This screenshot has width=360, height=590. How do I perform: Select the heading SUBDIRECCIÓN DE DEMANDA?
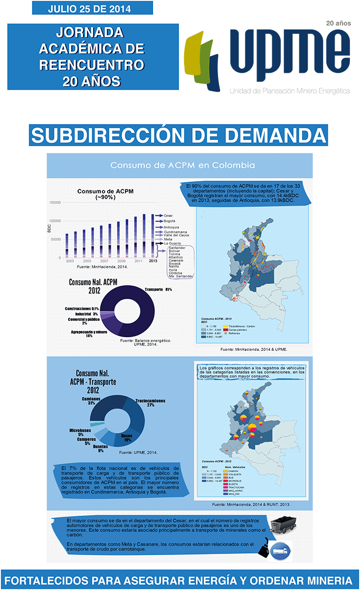pos(178,135)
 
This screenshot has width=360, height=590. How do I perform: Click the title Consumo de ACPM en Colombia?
pos(182,165)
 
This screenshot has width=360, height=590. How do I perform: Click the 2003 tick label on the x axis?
pos(70,261)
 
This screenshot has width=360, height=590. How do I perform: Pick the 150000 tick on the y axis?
pos(54,202)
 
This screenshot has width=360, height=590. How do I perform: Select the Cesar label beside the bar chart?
pos(168,215)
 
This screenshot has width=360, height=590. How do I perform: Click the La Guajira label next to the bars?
pos(174,243)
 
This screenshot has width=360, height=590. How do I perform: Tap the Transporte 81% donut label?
pos(158,289)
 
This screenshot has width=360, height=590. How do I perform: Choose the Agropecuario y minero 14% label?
pos(89,334)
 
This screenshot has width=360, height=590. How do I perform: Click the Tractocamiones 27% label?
pos(150,403)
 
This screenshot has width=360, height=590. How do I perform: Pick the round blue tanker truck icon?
pos(282,549)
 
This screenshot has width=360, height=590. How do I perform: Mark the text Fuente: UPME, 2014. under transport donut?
pos(138,453)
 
